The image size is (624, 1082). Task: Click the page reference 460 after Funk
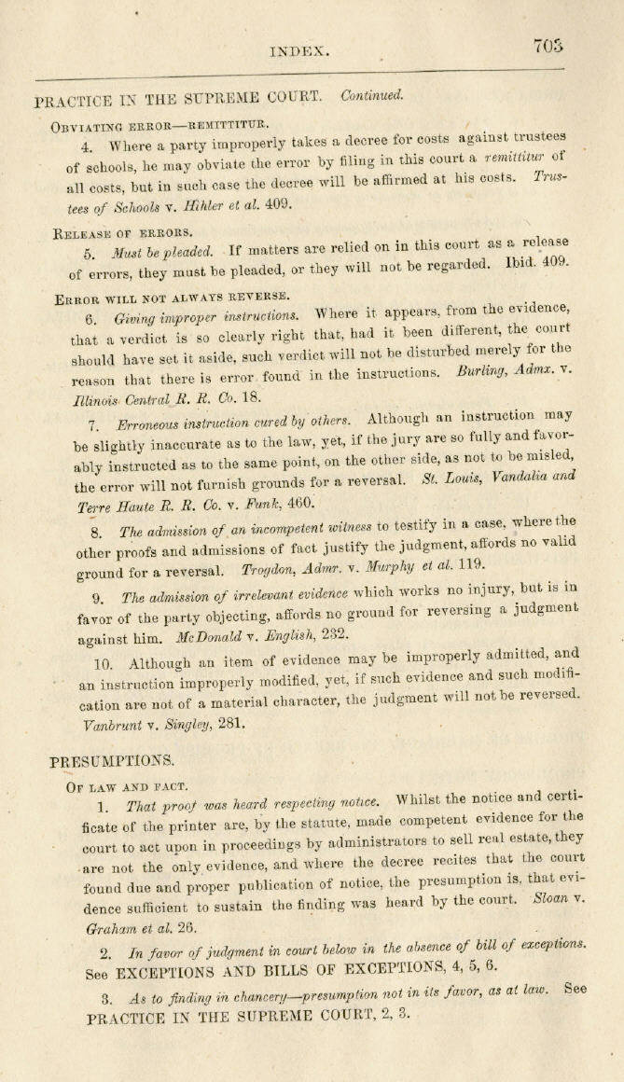[x=300, y=503]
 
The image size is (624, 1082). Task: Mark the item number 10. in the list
[x=104, y=663]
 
